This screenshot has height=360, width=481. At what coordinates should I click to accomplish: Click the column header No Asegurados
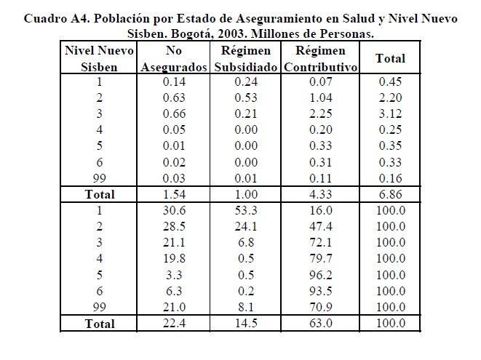pyautogui.click(x=174, y=59)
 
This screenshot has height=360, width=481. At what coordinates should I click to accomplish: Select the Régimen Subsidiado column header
pyautogui.click(x=246, y=59)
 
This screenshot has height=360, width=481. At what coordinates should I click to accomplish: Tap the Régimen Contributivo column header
pyautogui.click(x=321, y=59)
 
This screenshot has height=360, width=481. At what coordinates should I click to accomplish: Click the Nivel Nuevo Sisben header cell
pyautogui.click(x=99, y=59)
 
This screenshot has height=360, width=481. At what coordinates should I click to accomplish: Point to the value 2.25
pyautogui.click(x=321, y=113)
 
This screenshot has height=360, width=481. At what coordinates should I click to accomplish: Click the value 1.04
pyautogui.click(x=321, y=98)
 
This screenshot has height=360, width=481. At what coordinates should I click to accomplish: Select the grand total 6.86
pyautogui.click(x=390, y=194)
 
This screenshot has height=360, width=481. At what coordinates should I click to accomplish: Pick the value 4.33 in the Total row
pyautogui.click(x=321, y=194)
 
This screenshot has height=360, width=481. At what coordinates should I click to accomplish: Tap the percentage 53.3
pyautogui.click(x=246, y=211)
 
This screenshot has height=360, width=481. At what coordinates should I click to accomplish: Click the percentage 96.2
pyautogui.click(x=321, y=275)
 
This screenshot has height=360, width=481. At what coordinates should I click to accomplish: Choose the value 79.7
pyautogui.click(x=321, y=258)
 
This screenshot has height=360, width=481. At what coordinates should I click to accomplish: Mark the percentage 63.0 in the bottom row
pyautogui.click(x=321, y=323)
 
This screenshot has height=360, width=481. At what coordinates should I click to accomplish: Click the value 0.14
pyautogui.click(x=174, y=82)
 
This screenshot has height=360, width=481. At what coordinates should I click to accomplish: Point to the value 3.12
pyautogui.click(x=390, y=113)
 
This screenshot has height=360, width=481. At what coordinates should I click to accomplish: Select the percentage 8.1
pyautogui.click(x=246, y=307)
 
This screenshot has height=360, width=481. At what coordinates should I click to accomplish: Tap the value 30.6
pyautogui.click(x=174, y=211)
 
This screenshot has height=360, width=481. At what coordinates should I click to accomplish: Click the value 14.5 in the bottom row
pyautogui.click(x=246, y=323)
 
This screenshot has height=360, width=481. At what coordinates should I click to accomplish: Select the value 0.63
pyautogui.click(x=174, y=98)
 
